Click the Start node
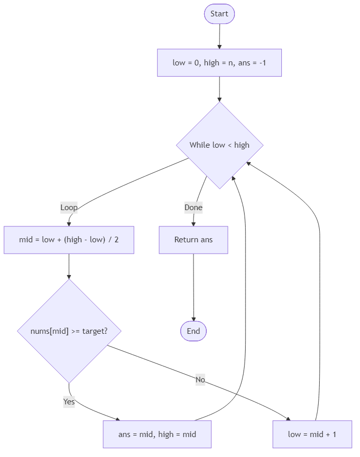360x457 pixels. pos(219,14)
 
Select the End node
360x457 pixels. pos(194,331)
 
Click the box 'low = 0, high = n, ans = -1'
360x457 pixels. pos(219,63)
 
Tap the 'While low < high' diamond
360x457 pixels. pos(220,145)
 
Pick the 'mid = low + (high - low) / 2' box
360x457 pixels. pos(69,240)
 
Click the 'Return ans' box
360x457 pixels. pos(194,240)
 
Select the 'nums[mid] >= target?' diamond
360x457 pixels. pos(69,331)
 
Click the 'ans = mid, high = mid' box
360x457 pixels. pos(157,435)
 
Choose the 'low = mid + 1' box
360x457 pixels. pos(312,435)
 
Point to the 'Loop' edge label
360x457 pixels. pos(69,208)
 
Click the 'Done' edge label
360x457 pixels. pos(194,208)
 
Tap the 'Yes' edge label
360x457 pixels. pos(69,402)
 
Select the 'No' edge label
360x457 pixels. pos(200,380)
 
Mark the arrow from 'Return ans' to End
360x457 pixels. pos(194,286)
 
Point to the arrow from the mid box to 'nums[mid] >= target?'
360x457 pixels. pos(69,266)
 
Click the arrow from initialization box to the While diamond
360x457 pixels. pos(219,89)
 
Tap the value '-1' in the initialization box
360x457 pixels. pos(261,63)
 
